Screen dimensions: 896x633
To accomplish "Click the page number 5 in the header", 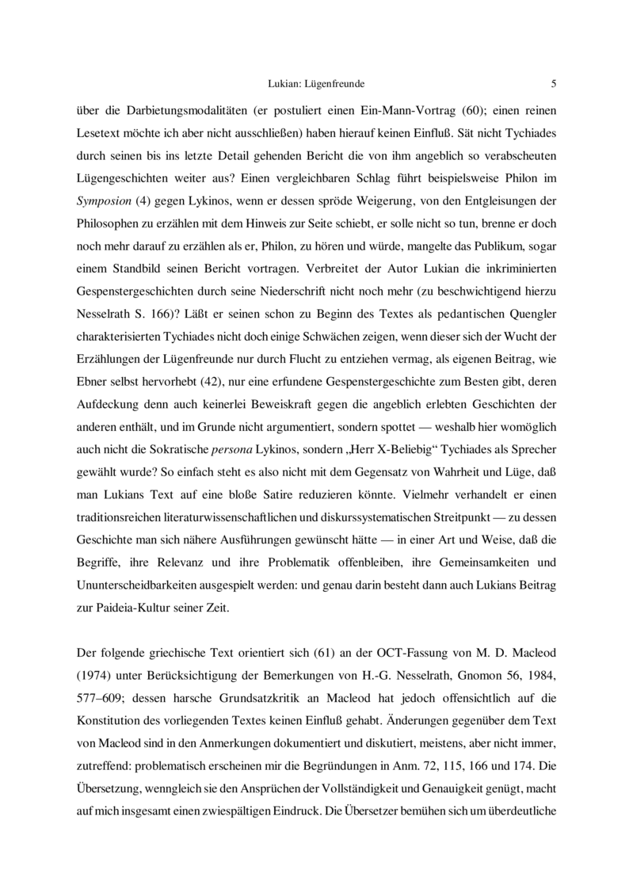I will (x=553, y=82).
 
